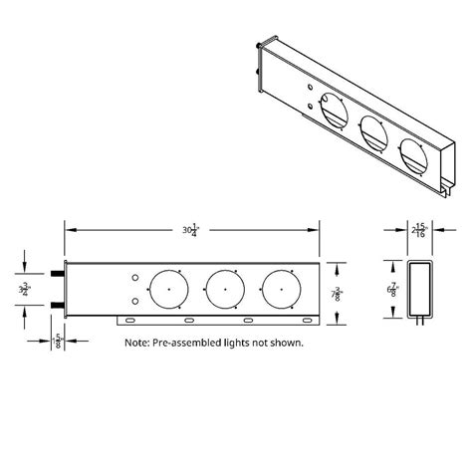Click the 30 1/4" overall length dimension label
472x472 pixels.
pyautogui.click(x=189, y=229)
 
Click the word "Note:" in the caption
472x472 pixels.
pyautogui.click(x=139, y=344)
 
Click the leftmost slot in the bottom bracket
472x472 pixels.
pyautogui.click(x=127, y=321)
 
